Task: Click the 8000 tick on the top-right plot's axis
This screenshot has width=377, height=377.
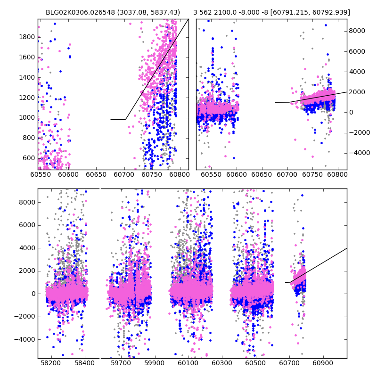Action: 357,31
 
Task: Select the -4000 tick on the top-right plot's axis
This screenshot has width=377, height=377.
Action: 359,153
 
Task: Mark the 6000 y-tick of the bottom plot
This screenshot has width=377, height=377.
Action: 28,225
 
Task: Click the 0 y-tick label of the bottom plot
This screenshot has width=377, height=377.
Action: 33,294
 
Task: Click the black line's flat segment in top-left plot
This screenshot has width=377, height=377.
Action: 118,119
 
